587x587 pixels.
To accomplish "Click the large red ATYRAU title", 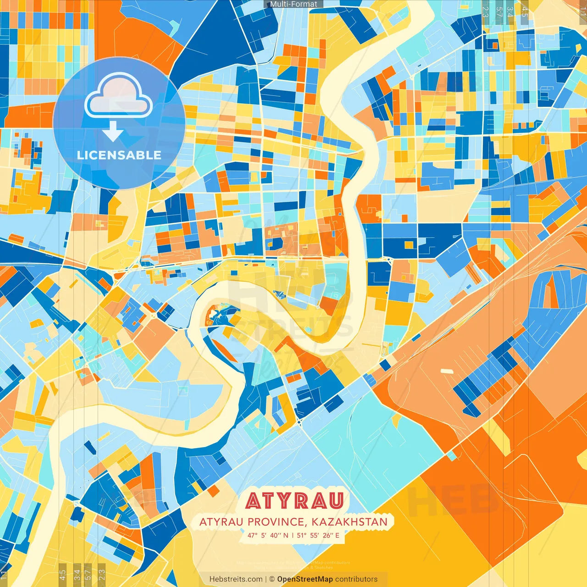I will (x=294, y=501).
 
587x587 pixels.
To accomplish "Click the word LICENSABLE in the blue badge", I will (x=119, y=155).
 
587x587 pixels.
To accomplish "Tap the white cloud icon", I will (x=119, y=97).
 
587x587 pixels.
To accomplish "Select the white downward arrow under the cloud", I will (x=113, y=132).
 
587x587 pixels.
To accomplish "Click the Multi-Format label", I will (x=293, y=4).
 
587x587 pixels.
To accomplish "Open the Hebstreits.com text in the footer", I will (x=236, y=579).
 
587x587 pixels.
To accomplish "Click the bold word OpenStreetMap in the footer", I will (x=305, y=579).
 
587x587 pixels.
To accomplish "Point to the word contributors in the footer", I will (x=356, y=579).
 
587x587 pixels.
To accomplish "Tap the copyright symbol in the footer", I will (x=271, y=579).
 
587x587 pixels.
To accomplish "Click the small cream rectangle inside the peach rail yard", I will (x=446, y=371).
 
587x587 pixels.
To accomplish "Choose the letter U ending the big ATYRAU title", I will (x=335, y=501).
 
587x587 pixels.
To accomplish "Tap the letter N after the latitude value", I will (x=286, y=535).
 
